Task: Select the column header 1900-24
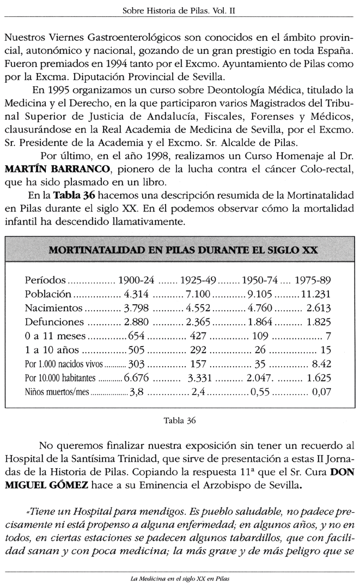(137, 281)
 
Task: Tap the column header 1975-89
(313, 281)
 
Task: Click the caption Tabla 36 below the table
(179, 420)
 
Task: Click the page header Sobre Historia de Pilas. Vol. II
(179, 10)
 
